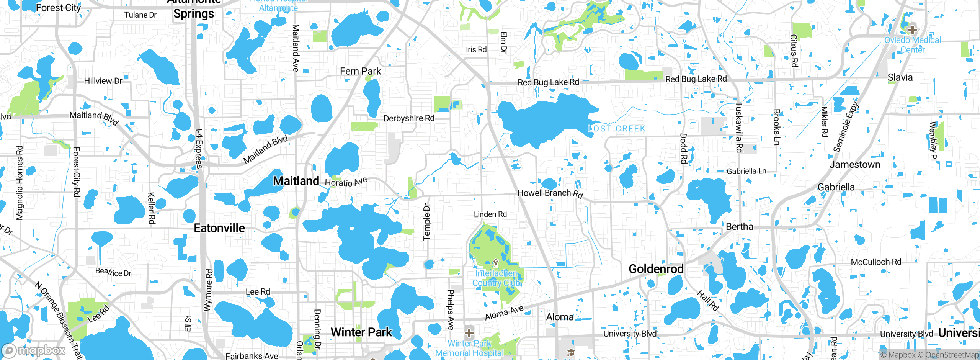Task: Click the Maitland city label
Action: [296, 181]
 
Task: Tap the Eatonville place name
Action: [219, 228]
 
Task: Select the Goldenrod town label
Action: [656, 269]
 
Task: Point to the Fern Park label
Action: [360, 71]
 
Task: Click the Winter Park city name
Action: [361, 332]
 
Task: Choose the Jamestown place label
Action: [855, 165]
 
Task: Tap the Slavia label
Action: [900, 77]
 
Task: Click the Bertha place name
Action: [739, 227]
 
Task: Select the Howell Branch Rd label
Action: [550, 193]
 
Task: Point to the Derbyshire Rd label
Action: [409, 118]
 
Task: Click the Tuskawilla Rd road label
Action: [739, 127]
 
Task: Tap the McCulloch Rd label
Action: [876, 262]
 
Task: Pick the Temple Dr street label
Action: [427, 222]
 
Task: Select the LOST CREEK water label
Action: [616, 129]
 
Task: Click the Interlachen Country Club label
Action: [496, 278]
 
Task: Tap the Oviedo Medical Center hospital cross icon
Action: [913, 29]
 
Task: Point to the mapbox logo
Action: [34, 350]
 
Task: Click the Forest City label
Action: [58, 8]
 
